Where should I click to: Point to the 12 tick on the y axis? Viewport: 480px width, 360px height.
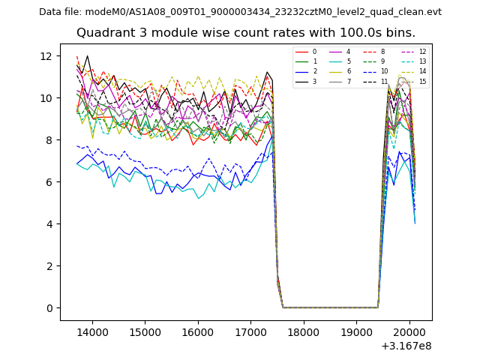[45, 56]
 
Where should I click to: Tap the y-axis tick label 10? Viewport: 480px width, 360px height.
[45, 98]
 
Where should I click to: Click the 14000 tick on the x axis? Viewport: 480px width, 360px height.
[91, 331]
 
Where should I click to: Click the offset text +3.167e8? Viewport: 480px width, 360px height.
[406, 346]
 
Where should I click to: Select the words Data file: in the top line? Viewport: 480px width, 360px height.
[61, 12]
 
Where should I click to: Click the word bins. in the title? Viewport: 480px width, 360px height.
[398, 33]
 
